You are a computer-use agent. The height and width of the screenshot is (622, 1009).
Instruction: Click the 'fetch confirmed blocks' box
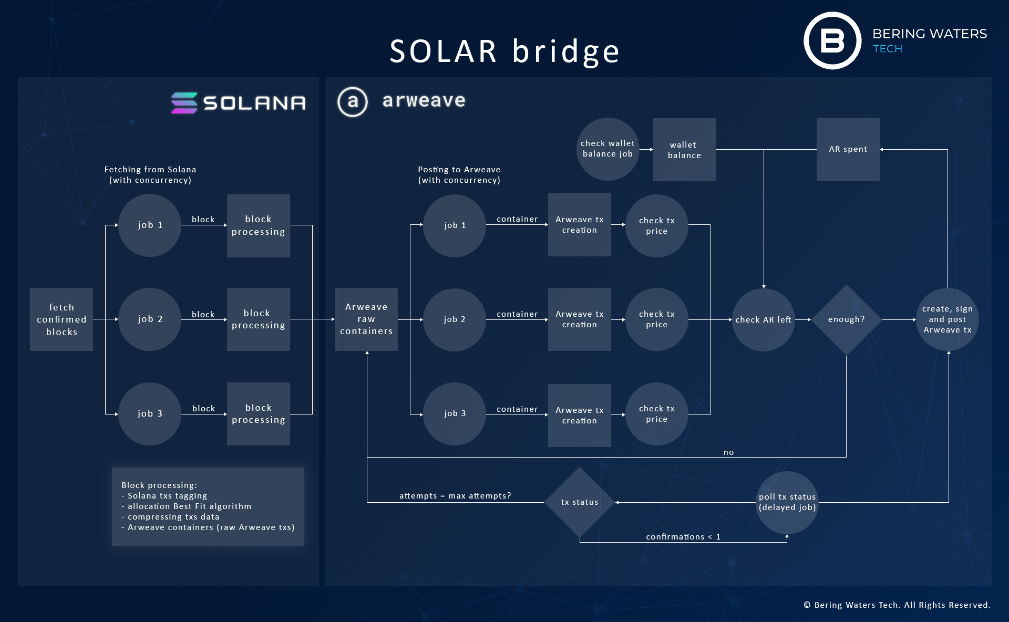tap(61, 319)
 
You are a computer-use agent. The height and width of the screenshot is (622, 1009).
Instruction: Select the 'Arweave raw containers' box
tap(366, 319)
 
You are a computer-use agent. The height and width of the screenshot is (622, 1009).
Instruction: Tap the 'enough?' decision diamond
tap(846, 319)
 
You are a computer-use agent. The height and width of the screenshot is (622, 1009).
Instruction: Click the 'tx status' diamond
tap(579, 502)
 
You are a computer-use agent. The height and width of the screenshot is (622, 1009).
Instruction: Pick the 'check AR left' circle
tap(763, 319)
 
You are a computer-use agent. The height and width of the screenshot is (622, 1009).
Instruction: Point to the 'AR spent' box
tap(848, 149)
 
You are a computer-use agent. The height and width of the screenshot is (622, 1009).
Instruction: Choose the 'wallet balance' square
tap(684, 150)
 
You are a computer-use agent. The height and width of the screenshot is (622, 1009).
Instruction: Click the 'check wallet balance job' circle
tap(608, 149)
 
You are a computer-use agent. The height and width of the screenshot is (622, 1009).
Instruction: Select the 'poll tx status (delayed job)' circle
tap(787, 502)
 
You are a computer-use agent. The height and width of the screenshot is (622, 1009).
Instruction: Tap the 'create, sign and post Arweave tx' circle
tap(947, 319)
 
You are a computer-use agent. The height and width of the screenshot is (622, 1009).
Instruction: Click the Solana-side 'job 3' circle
tap(150, 414)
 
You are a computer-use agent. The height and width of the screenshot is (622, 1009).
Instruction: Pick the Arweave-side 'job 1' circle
tap(455, 225)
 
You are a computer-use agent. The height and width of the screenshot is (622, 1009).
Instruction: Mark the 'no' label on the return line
tap(728, 452)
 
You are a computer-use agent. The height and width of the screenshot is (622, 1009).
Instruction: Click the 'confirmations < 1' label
tap(683, 536)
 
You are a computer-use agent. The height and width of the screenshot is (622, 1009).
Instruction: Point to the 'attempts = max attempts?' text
tap(455, 496)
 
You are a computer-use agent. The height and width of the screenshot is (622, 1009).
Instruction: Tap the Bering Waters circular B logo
tap(832, 40)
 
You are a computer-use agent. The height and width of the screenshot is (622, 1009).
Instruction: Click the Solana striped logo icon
tap(184, 103)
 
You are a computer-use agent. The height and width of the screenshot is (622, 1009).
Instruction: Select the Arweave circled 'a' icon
tap(353, 101)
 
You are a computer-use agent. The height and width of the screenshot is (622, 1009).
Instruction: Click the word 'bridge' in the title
tap(566, 51)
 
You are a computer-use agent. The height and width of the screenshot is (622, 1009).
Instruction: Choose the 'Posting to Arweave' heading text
tap(459, 170)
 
